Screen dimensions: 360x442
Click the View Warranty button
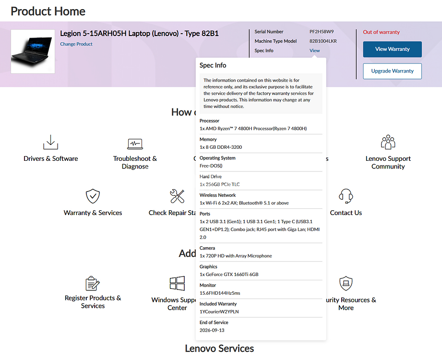[x=392, y=49]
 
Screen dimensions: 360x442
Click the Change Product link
[x=76, y=44]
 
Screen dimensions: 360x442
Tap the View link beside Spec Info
[x=315, y=50]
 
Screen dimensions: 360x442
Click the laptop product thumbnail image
[x=33, y=51]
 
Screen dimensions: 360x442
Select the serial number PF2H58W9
[x=322, y=32]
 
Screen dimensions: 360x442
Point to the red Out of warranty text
[x=381, y=32]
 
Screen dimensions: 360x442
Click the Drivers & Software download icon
[x=50, y=142]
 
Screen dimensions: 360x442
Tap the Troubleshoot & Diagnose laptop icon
[x=135, y=143]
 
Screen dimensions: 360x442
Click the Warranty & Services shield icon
[x=93, y=196]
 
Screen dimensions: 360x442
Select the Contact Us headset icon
[x=346, y=196]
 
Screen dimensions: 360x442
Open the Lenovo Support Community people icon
[x=388, y=142]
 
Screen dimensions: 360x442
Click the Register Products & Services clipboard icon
[x=93, y=283]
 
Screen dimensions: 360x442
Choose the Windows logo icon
[x=177, y=283]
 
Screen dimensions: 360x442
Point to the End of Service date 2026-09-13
[x=212, y=330]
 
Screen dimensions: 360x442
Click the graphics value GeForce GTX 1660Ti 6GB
[x=229, y=275]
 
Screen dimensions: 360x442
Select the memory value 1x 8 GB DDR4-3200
[x=221, y=147]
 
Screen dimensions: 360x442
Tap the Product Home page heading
[x=48, y=11]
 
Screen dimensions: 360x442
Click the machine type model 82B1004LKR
[x=323, y=41]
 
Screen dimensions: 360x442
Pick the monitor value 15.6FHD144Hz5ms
[x=219, y=293]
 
